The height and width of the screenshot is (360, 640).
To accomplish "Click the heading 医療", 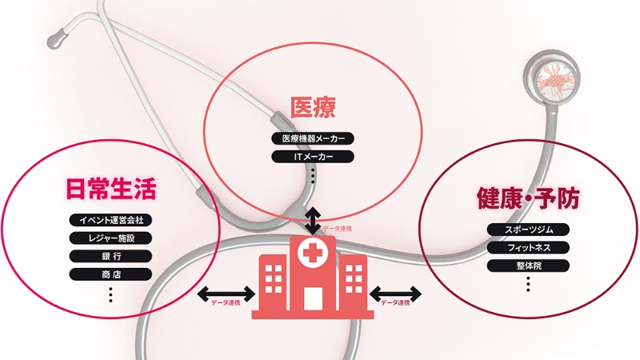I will click(x=312, y=106).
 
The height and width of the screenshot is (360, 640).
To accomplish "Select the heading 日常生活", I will click(x=110, y=189).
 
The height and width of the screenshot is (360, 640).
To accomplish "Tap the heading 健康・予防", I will click(x=527, y=198).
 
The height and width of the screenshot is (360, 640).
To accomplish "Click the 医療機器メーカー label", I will click(x=313, y=138).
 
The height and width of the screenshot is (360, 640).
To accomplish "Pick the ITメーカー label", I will click(x=313, y=156).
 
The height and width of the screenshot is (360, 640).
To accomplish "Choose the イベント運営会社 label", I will click(x=110, y=220).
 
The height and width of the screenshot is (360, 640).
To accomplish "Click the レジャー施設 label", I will click(x=110, y=238).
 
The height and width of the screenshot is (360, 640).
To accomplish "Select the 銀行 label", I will click(x=110, y=257).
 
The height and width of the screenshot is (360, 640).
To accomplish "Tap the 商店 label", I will click(x=110, y=274).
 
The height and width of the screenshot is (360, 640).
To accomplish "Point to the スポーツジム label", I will click(x=528, y=230).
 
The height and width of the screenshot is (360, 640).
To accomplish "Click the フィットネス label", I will click(x=528, y=248).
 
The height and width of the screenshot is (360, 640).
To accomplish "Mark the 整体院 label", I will click(x=528, y=266).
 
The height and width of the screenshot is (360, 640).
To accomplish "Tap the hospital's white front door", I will click(x=312, y=298).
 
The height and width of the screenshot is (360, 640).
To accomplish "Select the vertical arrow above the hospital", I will click(x=313, y=219).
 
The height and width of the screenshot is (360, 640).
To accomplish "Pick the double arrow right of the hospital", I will click(x=397, y=292).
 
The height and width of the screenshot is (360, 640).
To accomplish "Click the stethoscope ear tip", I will click(x=58, y=36).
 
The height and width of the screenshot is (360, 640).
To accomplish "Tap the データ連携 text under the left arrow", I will click(x=226, y=304).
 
